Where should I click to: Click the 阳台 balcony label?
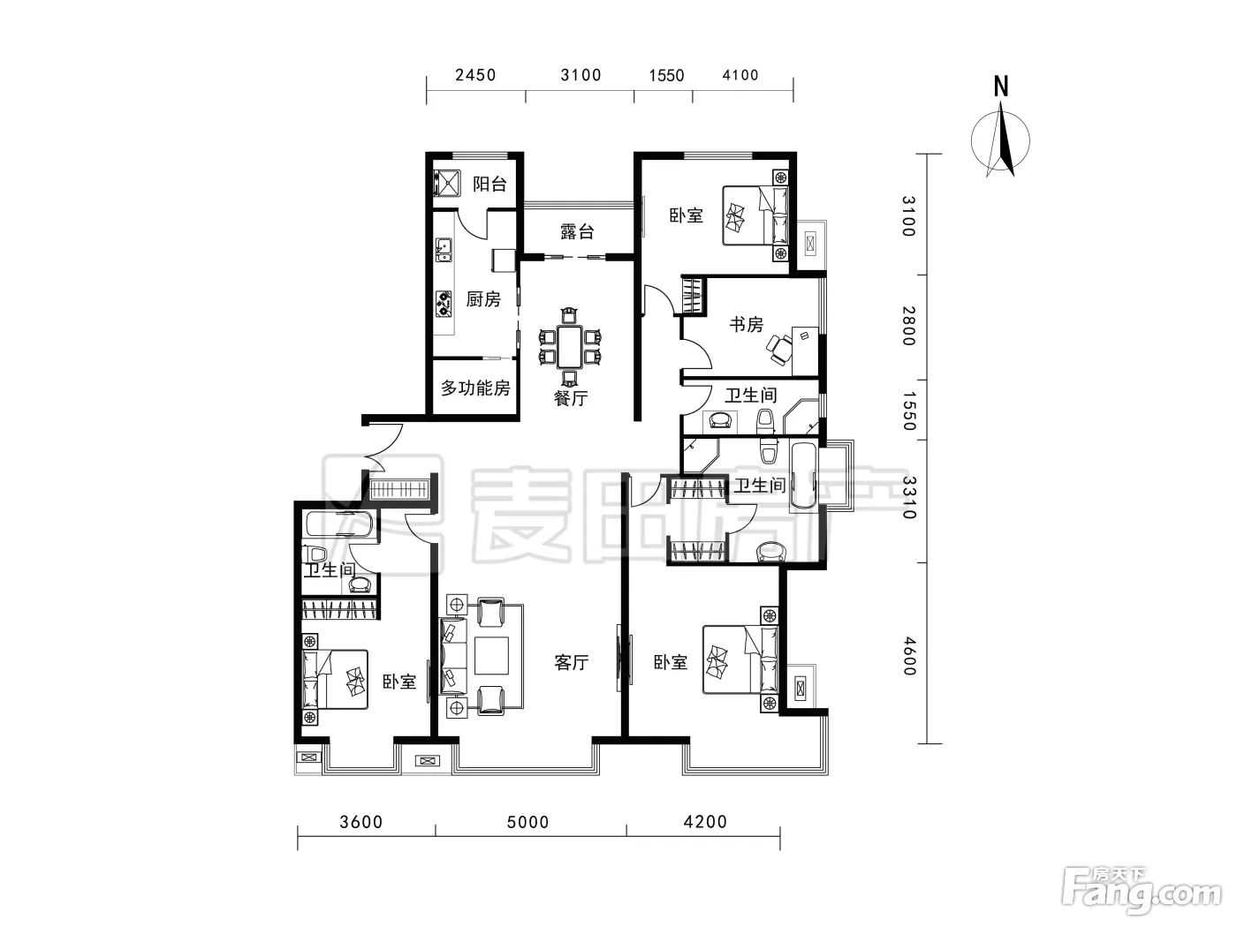[x=489, y=184]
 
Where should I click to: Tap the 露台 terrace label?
[x=577, y=231]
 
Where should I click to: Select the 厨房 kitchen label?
[x=483, y=299]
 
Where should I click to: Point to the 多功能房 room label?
[x=475, y=388]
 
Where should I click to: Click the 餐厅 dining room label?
[x=571, y=398]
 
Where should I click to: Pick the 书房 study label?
[x=746, y=324]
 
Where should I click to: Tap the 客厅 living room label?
[x=571, y=662]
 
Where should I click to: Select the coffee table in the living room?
[x=491, y=656]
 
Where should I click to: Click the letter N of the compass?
[x=1000, y=87]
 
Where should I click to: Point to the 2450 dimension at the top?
[x=475, y=75]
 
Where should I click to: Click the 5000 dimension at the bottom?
[x=527, y=822]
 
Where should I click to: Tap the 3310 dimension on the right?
[x=909, y=498]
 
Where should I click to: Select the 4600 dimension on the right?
[x=909, y=656]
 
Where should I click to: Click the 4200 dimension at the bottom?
[x=705, y=822]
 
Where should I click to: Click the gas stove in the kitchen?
[x=444, y=303]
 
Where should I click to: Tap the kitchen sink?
[x=444, y=251]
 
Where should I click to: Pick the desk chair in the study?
[x=778, y=350]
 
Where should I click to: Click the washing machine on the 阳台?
[x=447, y=184]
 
